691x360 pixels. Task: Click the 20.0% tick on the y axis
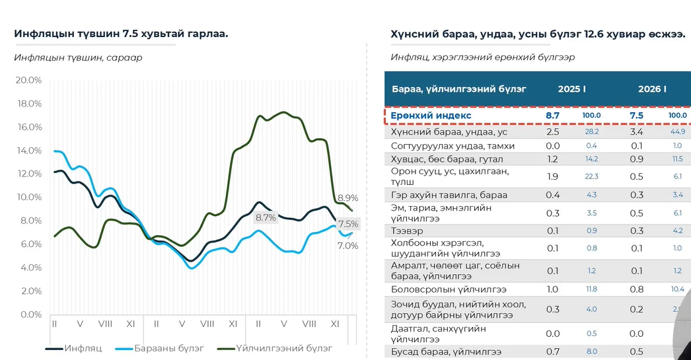pyautogui.click(x=28, y=80)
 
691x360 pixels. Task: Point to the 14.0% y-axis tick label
pyautogui.click(x=28, y=151)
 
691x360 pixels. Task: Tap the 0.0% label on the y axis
pyautogui.click(x=30, y=314)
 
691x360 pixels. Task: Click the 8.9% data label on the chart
pyautogui.click(x=347, y=198)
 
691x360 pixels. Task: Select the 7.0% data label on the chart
pyautogui.click(x=347, y=246)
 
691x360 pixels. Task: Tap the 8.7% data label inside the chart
pyautogui.click(x=266, y=218)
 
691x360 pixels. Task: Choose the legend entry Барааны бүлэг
pyautogui.click(x=168, y=347)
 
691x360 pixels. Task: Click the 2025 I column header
pyautogui.click(x=571, y=89)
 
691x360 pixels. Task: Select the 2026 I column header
pyautogui.click(x=651, y=89)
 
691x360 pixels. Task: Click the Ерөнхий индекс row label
pyautogui.click(x=431, y=116)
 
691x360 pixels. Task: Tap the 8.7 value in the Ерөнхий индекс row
pyautogui.click(x=552, y=116)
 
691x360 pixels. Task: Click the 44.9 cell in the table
pyautogui.click(x=678, y=132)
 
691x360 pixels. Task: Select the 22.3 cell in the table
pyautogui.click(x=591, y=176)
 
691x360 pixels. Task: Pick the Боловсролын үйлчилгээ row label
pyautogui.click(x=449, y=289)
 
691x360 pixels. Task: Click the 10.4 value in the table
pyautogui.click(x=678, y=289)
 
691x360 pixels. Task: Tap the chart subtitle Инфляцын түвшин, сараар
pyautogui.click(x=78, y=57)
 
